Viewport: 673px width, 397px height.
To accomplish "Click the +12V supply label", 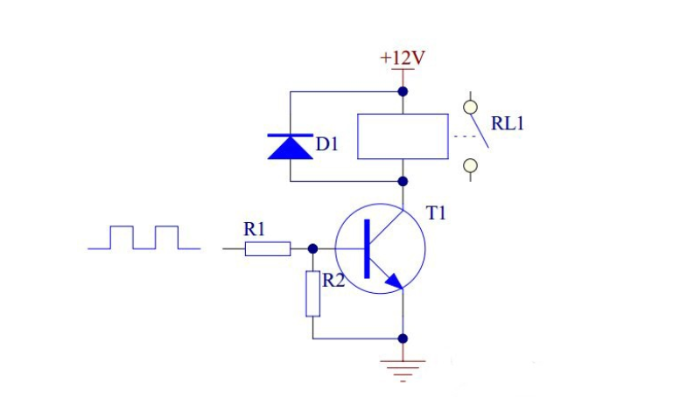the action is pos(403,58).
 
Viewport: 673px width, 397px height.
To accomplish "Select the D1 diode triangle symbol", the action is pos(291,147).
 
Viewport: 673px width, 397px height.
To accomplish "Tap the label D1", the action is pos(327,144).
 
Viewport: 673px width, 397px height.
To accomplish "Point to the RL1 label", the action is pos(508,123).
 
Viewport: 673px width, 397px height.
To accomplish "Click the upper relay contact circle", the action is pos(471,107).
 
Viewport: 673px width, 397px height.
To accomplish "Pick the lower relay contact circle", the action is pos(471,165).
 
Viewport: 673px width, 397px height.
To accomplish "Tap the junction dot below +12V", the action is pos(403,91).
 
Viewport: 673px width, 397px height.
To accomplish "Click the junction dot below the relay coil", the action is pos(403,181).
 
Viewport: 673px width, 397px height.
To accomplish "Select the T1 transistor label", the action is pos(436,213).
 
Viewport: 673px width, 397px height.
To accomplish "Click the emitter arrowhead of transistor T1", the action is pos(394,281).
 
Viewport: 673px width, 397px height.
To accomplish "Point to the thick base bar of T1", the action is pos(367,248).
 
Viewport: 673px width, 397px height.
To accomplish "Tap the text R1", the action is pos(255,229).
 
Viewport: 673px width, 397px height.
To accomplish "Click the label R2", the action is pos(333,281).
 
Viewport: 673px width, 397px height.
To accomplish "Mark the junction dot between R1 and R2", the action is pos(313,248).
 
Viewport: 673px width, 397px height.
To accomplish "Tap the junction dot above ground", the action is pos(403,338).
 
